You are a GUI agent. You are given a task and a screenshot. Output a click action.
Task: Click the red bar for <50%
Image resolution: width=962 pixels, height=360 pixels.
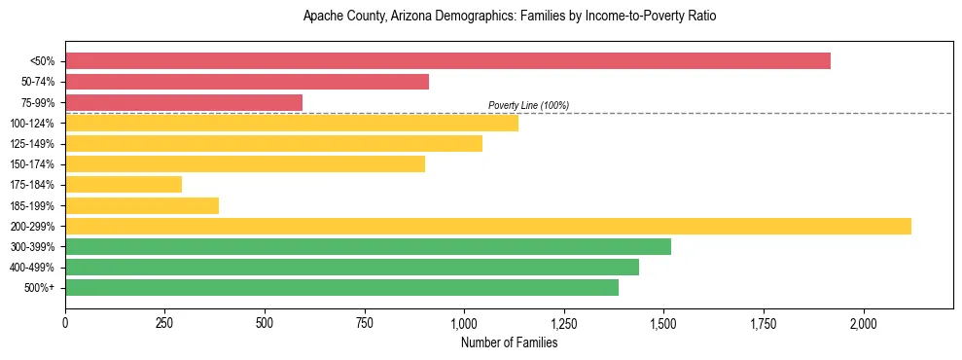pyautogui.click(x=447, y=60)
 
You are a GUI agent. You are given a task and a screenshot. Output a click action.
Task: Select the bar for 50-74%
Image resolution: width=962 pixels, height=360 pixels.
pyautogui.click(x=247, y=82)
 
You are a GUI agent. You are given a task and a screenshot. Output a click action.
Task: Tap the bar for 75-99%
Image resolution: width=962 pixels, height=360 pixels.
pyautogui.click(x=184, y=102)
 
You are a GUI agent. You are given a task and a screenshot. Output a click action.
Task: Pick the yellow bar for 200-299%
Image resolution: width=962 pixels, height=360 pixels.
pyautogui.click(x=488, y=226)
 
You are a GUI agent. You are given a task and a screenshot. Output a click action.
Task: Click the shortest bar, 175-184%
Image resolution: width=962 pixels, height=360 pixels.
pyautogui.click(x=124, y=184)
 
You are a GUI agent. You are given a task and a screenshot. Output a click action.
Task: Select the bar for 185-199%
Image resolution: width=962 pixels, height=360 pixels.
pyautogui.click(x=142, y=205)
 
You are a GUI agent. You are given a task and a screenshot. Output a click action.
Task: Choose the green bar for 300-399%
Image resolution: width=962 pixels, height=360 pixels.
pyautogui.click(x=368, y=246)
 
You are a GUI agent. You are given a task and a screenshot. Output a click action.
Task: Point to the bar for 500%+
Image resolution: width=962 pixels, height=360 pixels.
pyautogui.click(x=341, y=287)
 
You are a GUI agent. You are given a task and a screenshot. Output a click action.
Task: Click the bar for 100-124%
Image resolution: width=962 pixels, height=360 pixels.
pyautogui.click(x=292, y=123)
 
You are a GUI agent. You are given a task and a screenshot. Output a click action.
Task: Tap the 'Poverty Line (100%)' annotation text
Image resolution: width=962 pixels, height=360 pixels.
pyautogui.click(x=528, y=105)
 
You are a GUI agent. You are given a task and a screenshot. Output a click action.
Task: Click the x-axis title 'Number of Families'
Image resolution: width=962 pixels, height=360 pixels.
pyautogui.click(x=509, y=342)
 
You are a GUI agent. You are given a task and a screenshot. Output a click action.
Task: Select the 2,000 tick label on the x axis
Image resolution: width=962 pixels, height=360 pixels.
pyautogui.click(x=864, y=323)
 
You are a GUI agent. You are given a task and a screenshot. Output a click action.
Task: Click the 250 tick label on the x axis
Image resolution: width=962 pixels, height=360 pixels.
pyautogui.click(x=164, y=323)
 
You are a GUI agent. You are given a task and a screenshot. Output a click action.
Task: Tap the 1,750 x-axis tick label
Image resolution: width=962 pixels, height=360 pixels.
pyautogui.click(x=764, y=323)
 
